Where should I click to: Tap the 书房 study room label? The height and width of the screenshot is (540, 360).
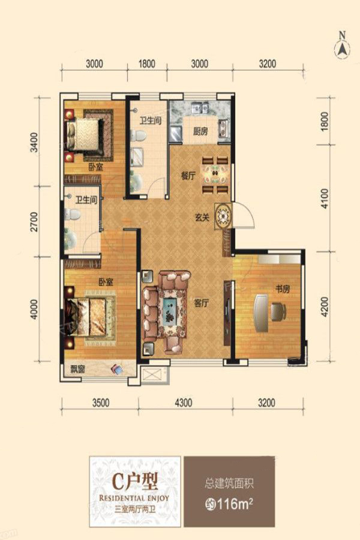(282, 289)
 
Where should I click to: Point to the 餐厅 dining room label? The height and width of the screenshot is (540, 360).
(188, 176)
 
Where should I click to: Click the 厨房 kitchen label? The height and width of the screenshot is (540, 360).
(200, 131)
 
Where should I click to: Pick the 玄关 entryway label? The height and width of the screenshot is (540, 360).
(203, 217)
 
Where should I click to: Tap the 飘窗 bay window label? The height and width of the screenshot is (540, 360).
(77, 370)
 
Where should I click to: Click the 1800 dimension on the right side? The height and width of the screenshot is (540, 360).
(324, 121)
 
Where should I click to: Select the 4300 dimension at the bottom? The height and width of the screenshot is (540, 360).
(184, 402)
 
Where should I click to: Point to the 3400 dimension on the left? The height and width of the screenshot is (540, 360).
(34, 142)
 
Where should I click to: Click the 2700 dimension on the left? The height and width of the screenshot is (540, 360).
(34, 222)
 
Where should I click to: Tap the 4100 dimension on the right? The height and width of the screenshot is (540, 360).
(324, 199)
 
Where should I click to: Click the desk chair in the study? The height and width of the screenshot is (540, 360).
(278, 311)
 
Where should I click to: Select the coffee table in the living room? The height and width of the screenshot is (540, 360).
(170, 311)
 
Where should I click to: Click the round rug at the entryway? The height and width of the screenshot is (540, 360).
(223, 216)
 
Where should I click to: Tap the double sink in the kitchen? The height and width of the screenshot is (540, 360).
(200, 108)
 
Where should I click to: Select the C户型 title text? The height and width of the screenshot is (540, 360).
(136, 481)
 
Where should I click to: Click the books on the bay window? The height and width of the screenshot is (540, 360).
(117, 370)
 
